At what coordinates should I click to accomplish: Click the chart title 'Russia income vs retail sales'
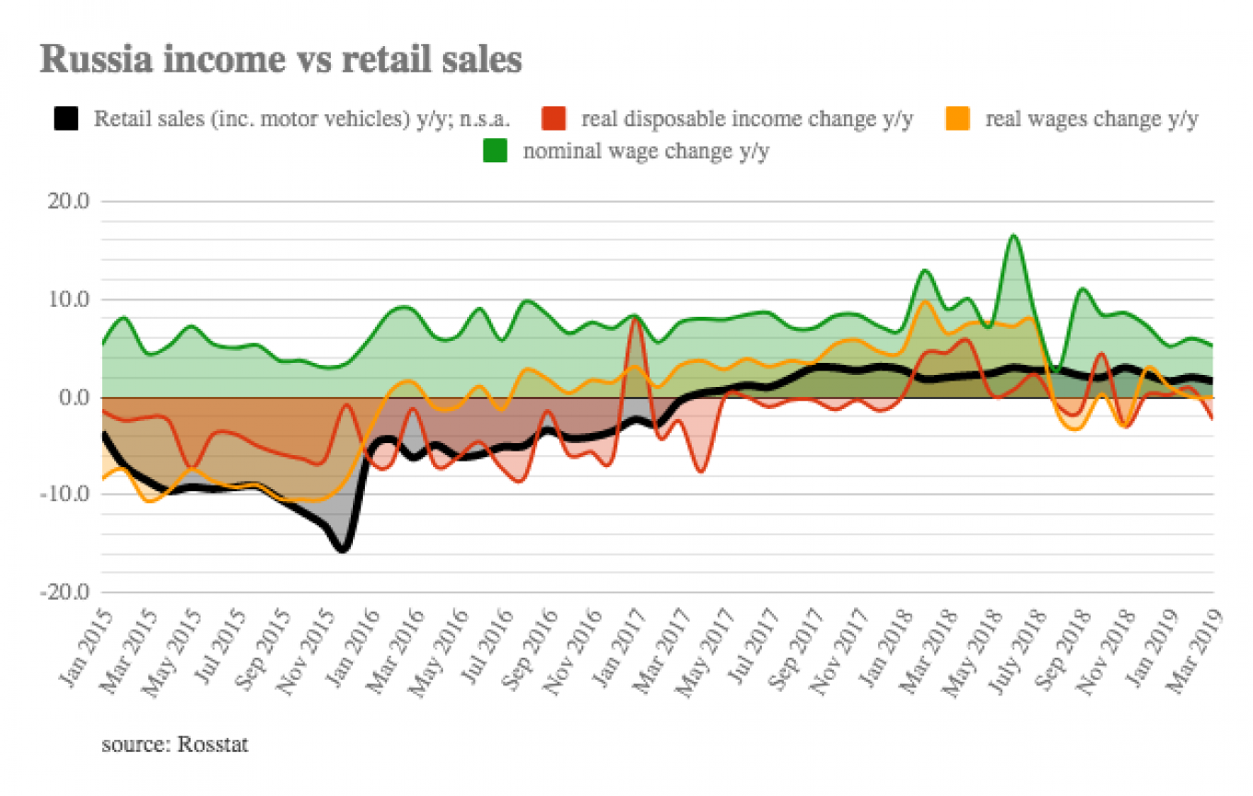[281, 59]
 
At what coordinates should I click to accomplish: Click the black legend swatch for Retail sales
[66, 119]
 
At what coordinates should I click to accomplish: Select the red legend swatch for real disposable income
[554, 119]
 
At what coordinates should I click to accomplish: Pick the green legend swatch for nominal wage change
[496, 151]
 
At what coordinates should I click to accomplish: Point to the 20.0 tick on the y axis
[68, 201]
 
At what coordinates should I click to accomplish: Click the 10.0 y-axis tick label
[68, 299]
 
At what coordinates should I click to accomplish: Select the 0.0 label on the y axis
[74, 398]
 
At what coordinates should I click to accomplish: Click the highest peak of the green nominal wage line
[1013, 236]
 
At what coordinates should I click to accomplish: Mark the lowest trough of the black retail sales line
[343, 549]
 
